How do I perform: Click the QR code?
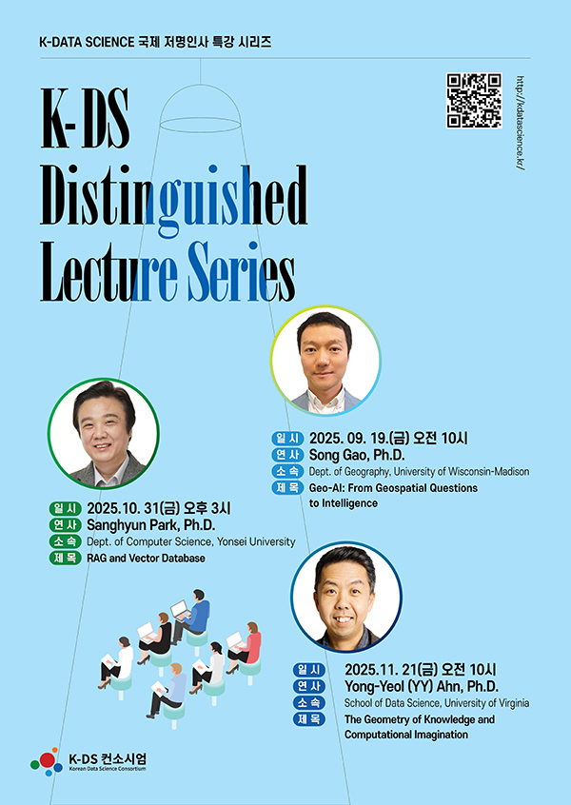[x=474, y=100]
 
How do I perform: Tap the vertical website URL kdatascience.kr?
[x=522, y=123]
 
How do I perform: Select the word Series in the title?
[x=241, y=272]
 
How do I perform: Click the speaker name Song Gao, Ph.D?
[x=357, y=455]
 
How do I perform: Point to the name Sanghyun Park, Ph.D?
[x=151, y=525]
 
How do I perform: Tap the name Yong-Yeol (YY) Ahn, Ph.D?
[x=421, y=686]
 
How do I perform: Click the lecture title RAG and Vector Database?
[x=146, y=558]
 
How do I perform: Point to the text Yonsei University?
[x=256, y=541]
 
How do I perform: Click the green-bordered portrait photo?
[x=104, y=434]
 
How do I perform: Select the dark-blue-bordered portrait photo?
[x=346, y=597]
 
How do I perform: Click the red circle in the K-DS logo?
[x=48, y=760]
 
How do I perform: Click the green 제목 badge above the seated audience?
[x=66, y=558]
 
